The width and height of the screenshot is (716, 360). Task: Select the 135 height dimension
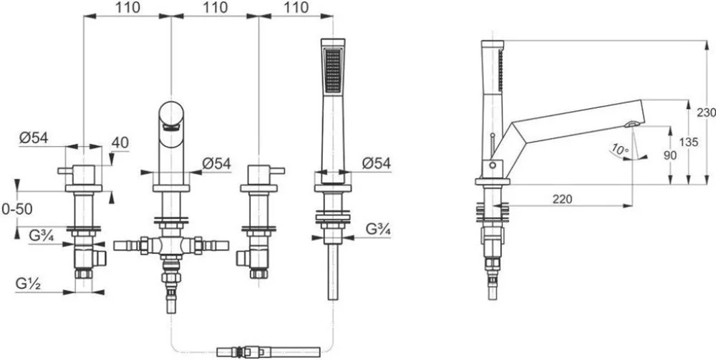coord(689,142)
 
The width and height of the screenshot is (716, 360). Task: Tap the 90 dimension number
coord(670,155)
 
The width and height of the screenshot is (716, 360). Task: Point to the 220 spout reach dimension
coord(563,199)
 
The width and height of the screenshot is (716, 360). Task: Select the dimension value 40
coord(120,143)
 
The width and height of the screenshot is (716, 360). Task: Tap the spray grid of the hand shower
coord(333,71)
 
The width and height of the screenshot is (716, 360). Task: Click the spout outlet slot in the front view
coord(171,129)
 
